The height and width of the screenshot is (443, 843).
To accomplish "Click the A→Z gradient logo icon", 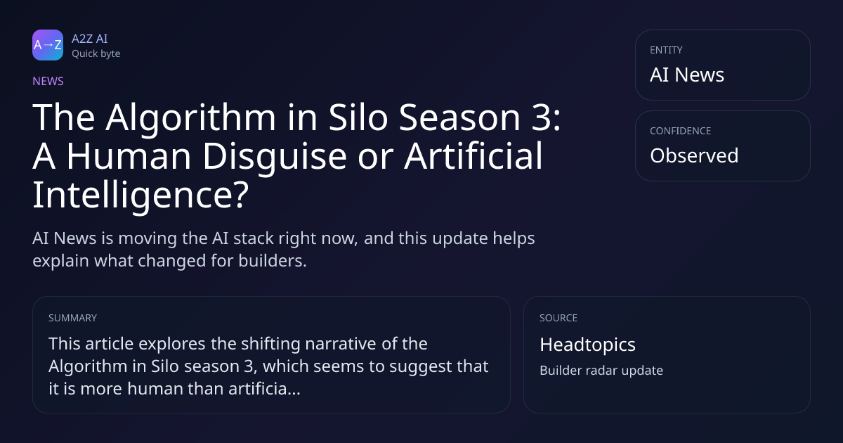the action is (48, 45).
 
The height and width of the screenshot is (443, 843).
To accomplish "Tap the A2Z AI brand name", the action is (90, 39).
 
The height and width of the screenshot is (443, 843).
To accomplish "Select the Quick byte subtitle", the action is (96, 54).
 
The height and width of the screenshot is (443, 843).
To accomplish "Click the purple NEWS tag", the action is (48, 82).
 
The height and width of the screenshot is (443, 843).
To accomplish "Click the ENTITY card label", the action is (666, 50).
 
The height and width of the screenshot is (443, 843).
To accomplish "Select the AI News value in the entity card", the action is (687, 75).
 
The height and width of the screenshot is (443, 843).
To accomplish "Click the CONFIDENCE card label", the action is (681, 131).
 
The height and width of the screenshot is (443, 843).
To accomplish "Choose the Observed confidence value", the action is (694, 155).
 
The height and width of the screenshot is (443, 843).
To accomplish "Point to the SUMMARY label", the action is (72, 318).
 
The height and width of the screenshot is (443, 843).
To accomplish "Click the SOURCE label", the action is (558, 318).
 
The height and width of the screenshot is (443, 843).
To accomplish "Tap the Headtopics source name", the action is (587, 345).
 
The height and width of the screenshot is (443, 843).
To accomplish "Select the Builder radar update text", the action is (601, 371).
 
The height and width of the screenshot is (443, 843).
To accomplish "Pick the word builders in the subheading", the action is (273, 261).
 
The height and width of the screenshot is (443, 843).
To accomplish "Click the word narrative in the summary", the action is (341, 344).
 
